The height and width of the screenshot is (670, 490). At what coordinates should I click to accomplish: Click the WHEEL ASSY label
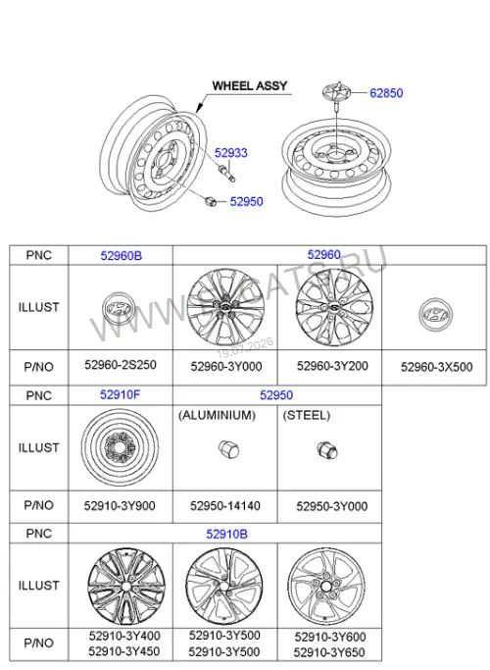(250, 86)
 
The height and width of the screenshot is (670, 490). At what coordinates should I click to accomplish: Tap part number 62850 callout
(386, 93)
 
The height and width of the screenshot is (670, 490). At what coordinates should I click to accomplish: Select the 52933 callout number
(231, 153)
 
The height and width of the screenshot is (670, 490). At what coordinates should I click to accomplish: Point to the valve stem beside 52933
(226, 174)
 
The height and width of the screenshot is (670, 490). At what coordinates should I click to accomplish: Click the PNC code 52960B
(122, 255)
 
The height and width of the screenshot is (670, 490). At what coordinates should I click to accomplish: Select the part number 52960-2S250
(121, 365)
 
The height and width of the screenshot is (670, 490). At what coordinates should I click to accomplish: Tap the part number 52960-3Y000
(226, 367)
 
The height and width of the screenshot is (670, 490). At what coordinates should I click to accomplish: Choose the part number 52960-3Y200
(332, 366)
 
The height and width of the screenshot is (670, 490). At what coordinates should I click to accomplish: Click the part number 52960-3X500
(437, 367)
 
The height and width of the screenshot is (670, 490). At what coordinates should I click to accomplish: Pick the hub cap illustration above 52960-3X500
(436, 315)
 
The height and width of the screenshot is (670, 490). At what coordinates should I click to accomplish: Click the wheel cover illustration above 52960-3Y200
(334, 307)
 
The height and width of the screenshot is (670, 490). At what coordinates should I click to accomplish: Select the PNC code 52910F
(120, 394)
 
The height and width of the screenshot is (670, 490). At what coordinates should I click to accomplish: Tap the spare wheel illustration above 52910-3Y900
(120, 447)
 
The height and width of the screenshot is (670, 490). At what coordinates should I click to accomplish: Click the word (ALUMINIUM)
(218, 415)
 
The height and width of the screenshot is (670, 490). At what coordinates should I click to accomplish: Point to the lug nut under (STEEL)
(327, 450)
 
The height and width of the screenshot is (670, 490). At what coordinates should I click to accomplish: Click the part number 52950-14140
(225, 506)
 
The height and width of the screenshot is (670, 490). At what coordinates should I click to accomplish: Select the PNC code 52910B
(226, 534)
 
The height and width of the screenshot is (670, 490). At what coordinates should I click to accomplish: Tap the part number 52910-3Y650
(329, 653)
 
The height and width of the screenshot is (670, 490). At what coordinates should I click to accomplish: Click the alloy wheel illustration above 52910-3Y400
(125, 587)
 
